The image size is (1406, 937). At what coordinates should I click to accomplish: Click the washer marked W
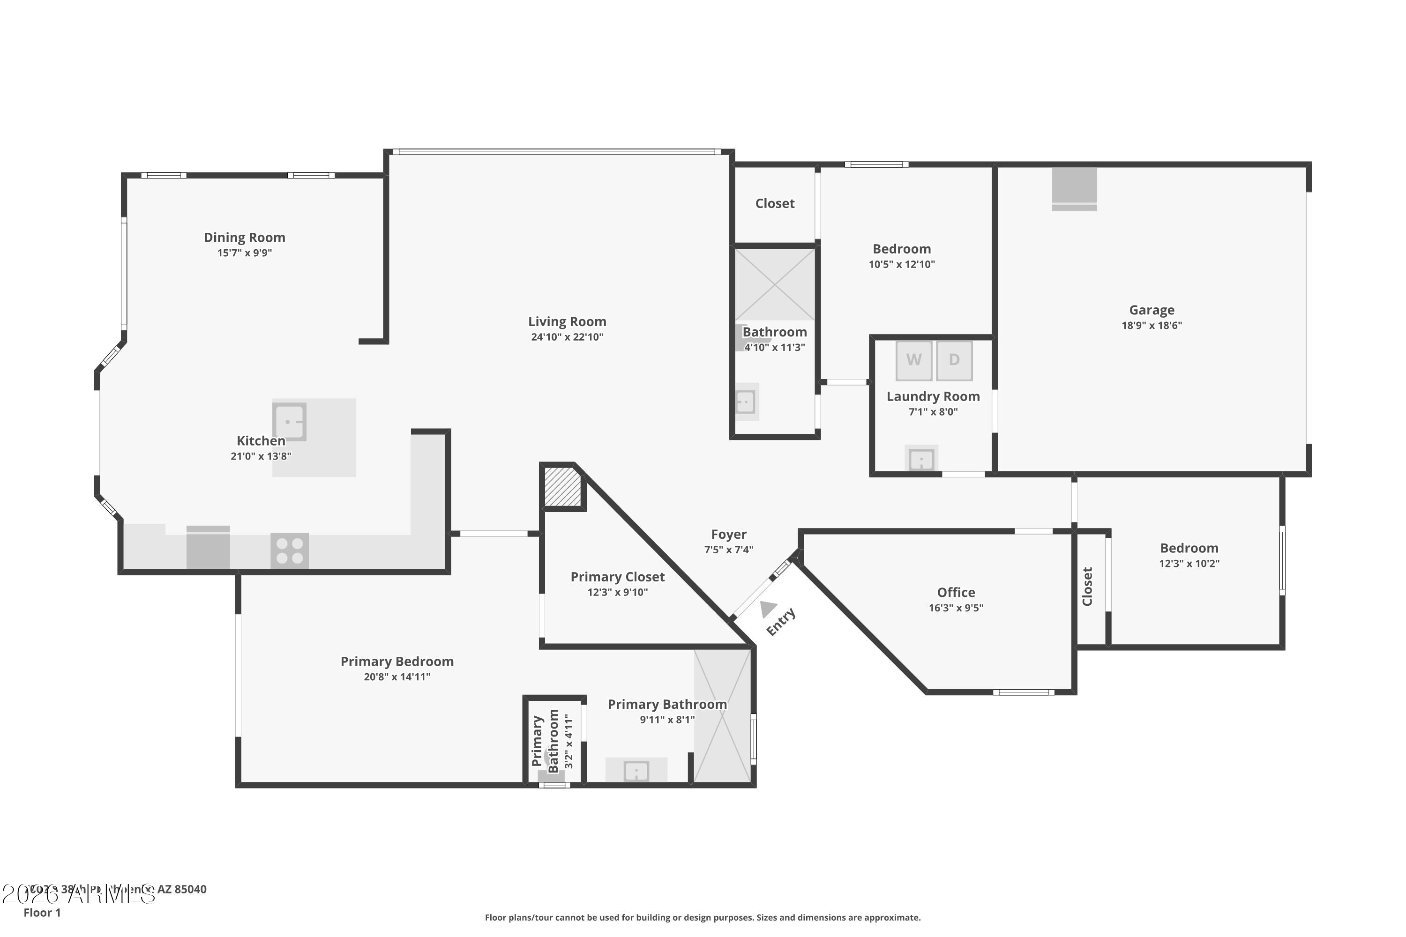pyautogui.click(x=913, y=360)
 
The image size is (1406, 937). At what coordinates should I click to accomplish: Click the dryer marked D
pyautogui.click(x=954, y=360)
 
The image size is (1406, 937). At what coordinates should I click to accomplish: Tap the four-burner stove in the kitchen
pyautogui.click(x=290, y=551)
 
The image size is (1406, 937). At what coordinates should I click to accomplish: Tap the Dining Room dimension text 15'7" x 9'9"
pyautogui.click(x=245, y=253)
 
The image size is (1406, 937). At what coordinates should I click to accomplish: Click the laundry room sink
pyautogui.click(x=921, y=459)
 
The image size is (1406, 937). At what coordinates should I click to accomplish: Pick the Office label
pyautogui.click(x=956, y=592)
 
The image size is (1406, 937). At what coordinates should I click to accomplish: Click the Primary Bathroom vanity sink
pyautogui.click(x=636, y=771)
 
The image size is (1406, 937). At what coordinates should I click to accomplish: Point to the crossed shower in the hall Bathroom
pyautogui.click(x=775, y=284)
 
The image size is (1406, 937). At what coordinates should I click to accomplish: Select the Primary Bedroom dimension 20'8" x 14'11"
pyautogui.click(x=397, y=677)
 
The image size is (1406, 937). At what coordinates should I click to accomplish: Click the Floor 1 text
pyautogui.click(x=42, y=913)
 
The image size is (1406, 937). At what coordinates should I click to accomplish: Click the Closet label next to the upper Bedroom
pyautogui.click(x=775, y=204)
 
